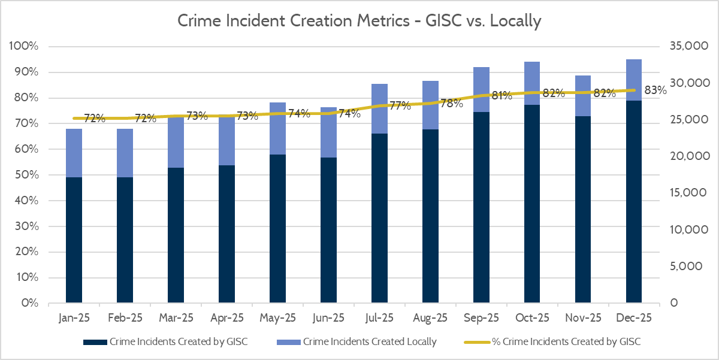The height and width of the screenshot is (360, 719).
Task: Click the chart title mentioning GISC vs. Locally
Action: click(359, 22)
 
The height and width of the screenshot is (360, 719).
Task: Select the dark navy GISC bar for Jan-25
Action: click(74, 240)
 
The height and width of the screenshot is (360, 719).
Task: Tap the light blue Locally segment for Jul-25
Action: click(379, 108)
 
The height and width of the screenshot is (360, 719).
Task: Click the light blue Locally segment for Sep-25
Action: click(481, 89)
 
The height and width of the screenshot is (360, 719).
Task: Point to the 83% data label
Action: click(655, 90)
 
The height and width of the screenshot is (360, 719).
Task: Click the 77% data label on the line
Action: click(400, 106)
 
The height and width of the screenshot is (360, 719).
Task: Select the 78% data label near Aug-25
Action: click(451, 103)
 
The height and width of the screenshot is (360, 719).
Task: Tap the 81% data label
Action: click(502, 95)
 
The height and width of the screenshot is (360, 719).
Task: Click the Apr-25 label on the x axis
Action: click(228, 317)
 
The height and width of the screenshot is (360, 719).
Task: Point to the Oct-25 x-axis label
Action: click(533, 317)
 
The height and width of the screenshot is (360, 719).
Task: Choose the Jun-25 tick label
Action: click(330, 317)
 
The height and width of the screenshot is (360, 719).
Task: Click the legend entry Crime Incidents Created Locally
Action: click(370, 342)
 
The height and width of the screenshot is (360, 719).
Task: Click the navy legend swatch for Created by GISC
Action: click(95, 342)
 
